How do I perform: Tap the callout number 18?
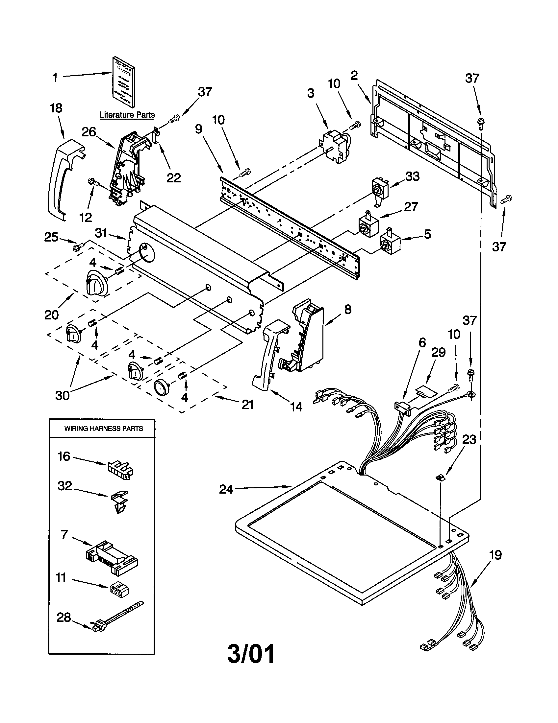[56, 108]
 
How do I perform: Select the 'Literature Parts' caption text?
[127, 115]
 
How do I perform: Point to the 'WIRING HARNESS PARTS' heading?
[103, 428]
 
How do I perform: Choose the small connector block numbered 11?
[119, 588]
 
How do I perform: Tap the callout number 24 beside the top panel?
[226, 489]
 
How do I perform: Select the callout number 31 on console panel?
[101, 233]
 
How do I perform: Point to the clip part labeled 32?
[119, 501]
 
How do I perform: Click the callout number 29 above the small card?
[438, 353]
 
